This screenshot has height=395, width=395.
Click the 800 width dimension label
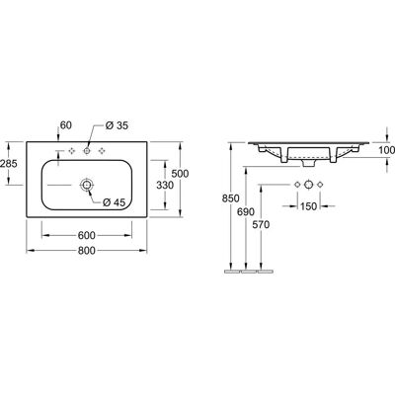pos(87,251)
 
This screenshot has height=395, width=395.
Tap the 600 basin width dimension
pos(87,235)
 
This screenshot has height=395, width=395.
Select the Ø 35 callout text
pos(117,125)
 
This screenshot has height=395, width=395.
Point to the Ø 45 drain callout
pos(115,202)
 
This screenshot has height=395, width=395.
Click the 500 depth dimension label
pos(180,174)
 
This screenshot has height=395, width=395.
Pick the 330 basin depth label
pos(165,186)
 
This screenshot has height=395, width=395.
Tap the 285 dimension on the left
pos(9,163)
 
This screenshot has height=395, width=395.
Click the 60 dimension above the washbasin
pos(66,125)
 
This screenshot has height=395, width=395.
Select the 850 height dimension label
pos(231,198)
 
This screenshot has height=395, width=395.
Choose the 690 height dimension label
pos(246,211)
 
